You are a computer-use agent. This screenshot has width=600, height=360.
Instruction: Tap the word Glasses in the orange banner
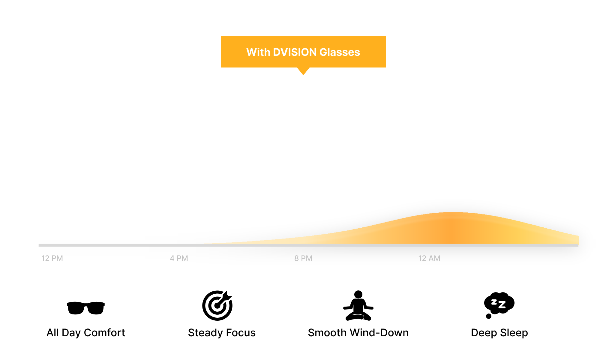(x=340, y=52)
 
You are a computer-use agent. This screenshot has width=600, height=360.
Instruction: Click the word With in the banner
(x=258, y=52)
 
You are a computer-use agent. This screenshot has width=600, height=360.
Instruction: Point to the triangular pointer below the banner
(x=303, y=71)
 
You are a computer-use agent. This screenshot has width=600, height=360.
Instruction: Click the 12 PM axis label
(x=52, y=258)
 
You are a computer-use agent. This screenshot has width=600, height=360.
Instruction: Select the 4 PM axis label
(x=179, y=258)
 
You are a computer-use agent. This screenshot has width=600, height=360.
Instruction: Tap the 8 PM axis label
(x=303, y=258)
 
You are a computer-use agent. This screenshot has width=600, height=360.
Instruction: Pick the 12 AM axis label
(x=429, y=258)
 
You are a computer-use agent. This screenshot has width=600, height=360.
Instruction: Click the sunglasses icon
(x=86, y=308)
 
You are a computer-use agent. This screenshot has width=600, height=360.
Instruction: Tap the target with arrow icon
(x=217, y=305)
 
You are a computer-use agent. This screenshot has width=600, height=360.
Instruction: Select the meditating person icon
(x=358, y=305)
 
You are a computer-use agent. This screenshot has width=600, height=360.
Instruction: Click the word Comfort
(x=104, y=333)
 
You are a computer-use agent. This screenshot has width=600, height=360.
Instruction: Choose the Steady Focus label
(x=222, y=333)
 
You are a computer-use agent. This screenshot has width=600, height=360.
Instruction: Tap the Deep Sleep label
(x=499, y=333)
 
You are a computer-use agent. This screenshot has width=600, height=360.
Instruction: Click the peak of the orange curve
(x=453, y=212)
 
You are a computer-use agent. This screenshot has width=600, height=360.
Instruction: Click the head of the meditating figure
(x=358, y=294)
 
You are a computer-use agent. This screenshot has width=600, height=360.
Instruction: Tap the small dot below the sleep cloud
(x=489, y=316)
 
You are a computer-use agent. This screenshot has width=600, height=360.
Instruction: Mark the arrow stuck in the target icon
(x=224, y=298)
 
